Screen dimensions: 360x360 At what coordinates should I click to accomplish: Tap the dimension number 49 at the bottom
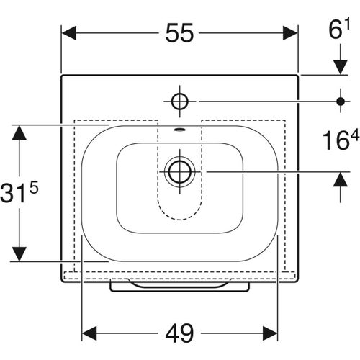pyautogui.click(x=179, y=333)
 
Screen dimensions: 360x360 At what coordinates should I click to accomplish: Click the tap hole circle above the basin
pyautogui.click(x=179, y=99)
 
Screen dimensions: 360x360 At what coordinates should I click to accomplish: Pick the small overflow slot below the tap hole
pyautogui.click(x=179, y=131)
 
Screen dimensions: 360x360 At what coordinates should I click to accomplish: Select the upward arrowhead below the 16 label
pyautogui.click(x=339, y=179)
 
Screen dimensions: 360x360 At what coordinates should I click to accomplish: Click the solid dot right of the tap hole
pyautogui.click(x=339, y=100)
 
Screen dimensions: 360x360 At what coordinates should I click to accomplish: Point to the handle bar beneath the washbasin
pyautogui.click(x=179, y=287)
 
